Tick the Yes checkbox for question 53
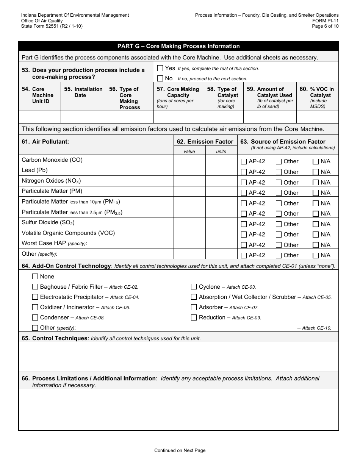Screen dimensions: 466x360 click(x=160, y=68)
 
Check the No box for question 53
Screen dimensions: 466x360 click(x=160, y=78)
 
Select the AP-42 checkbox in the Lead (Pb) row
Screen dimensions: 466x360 click(x=244, y=172)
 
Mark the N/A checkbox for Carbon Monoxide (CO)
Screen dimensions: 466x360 click(x=316, y=161)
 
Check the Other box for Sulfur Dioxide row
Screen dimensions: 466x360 click(x=279, y=224)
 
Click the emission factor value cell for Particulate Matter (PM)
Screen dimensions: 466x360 click(x=189, y=191)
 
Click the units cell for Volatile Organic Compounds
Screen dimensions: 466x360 click(x=221, y=233)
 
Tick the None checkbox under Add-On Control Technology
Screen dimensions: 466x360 click(x=35, y=277)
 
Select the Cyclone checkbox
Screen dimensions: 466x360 click(x=194, y=287)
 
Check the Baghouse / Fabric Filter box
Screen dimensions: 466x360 click(x=35, y=287)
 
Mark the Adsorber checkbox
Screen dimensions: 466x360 click(x=194, y=307)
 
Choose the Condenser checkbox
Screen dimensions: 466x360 click(x=35, y=317)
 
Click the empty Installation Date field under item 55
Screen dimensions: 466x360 click(x=83, y=117)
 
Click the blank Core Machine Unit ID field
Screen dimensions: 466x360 click(x=40, y=117)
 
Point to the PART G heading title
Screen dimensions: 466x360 click(x=178, y=46)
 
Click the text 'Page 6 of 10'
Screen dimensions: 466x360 click(x=325, y=26)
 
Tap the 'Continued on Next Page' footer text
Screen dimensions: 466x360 click(x=180, y=450)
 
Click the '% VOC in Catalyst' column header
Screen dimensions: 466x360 click(x=317, y=98)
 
